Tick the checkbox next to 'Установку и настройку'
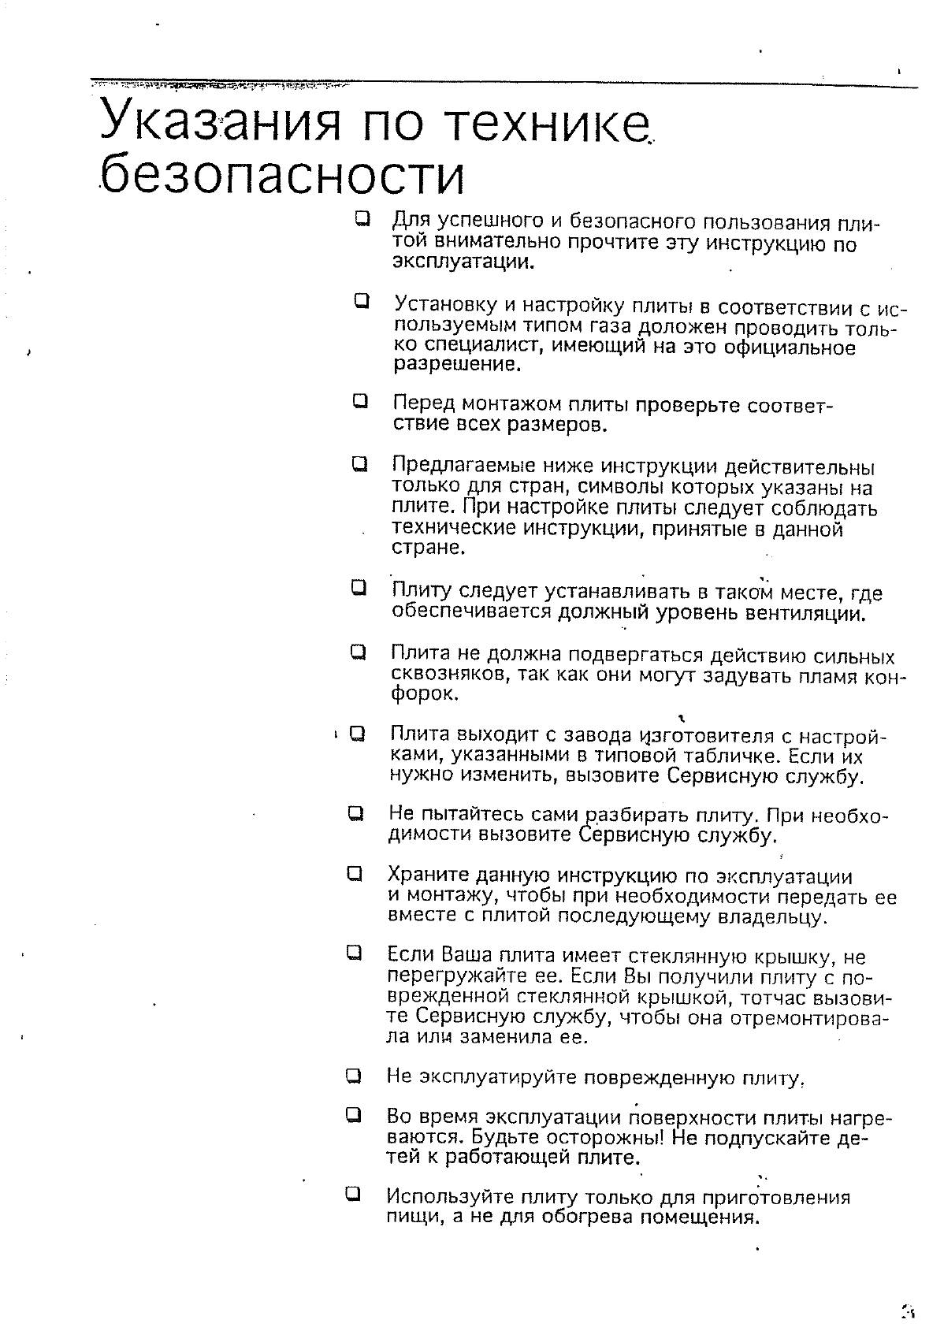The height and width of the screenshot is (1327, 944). (x=362, y=300)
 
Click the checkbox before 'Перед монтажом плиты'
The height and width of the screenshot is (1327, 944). (x=360, y=401)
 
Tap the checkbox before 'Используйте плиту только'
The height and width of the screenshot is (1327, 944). (x=353, y=1194)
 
